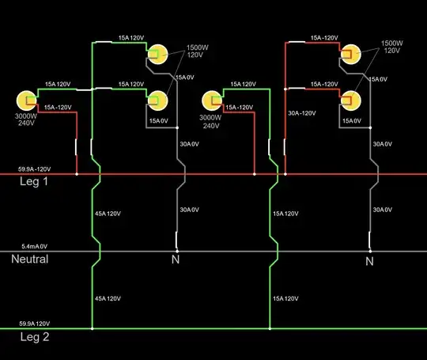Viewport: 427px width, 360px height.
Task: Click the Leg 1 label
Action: [x=35, y=181]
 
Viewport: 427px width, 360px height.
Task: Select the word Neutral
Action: [x=29, y=259]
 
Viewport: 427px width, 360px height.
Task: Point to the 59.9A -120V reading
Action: [x=35, y=169]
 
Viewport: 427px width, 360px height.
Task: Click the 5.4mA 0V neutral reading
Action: [x=33, y=247]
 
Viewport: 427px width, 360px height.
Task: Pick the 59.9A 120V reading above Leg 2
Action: [x=34, y=324]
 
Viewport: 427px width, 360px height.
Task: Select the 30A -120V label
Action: [x=302, y=113]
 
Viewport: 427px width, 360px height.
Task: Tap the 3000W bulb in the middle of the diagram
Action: [x=211, y=100]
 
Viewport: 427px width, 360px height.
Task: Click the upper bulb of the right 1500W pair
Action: [x=350, y=54]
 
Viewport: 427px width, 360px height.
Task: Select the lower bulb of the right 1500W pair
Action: [x=350, y=100]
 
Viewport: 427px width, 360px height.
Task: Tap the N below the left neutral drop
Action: [x=176, y=260]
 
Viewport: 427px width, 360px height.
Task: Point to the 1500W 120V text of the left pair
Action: [x=198, y=52]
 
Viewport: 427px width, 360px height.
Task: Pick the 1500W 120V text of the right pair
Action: [x=392, y=47]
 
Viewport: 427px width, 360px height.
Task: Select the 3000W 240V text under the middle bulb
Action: [x=211, y=121]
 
